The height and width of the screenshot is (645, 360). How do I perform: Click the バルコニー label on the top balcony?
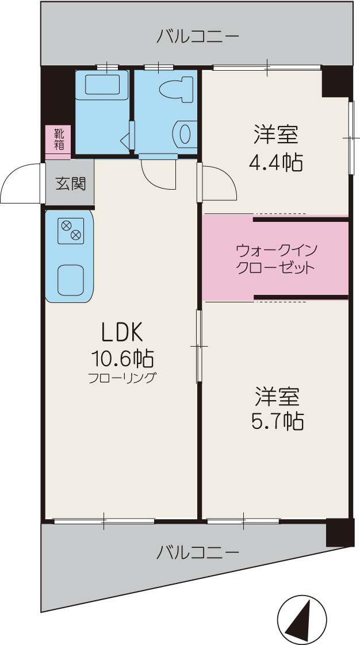(x=197, y=37)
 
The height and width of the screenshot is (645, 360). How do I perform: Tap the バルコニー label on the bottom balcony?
(x=197, y=553)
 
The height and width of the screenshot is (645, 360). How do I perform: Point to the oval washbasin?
(x=184, y=134)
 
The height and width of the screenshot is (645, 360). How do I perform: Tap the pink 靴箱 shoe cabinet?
(x=59, y=141)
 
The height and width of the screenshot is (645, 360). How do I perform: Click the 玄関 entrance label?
(x=70, y=184)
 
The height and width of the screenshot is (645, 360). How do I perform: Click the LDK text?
(x=121, y=332)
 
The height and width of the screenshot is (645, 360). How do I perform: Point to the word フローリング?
(x=121, y=378)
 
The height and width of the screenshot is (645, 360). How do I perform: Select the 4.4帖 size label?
(x=275, y=163)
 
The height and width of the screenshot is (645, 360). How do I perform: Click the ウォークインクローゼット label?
(x=275, y=259)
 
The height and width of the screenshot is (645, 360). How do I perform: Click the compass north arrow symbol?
(x=302, y=619)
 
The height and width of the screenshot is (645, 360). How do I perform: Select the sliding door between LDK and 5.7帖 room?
(x=199, y=346)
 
